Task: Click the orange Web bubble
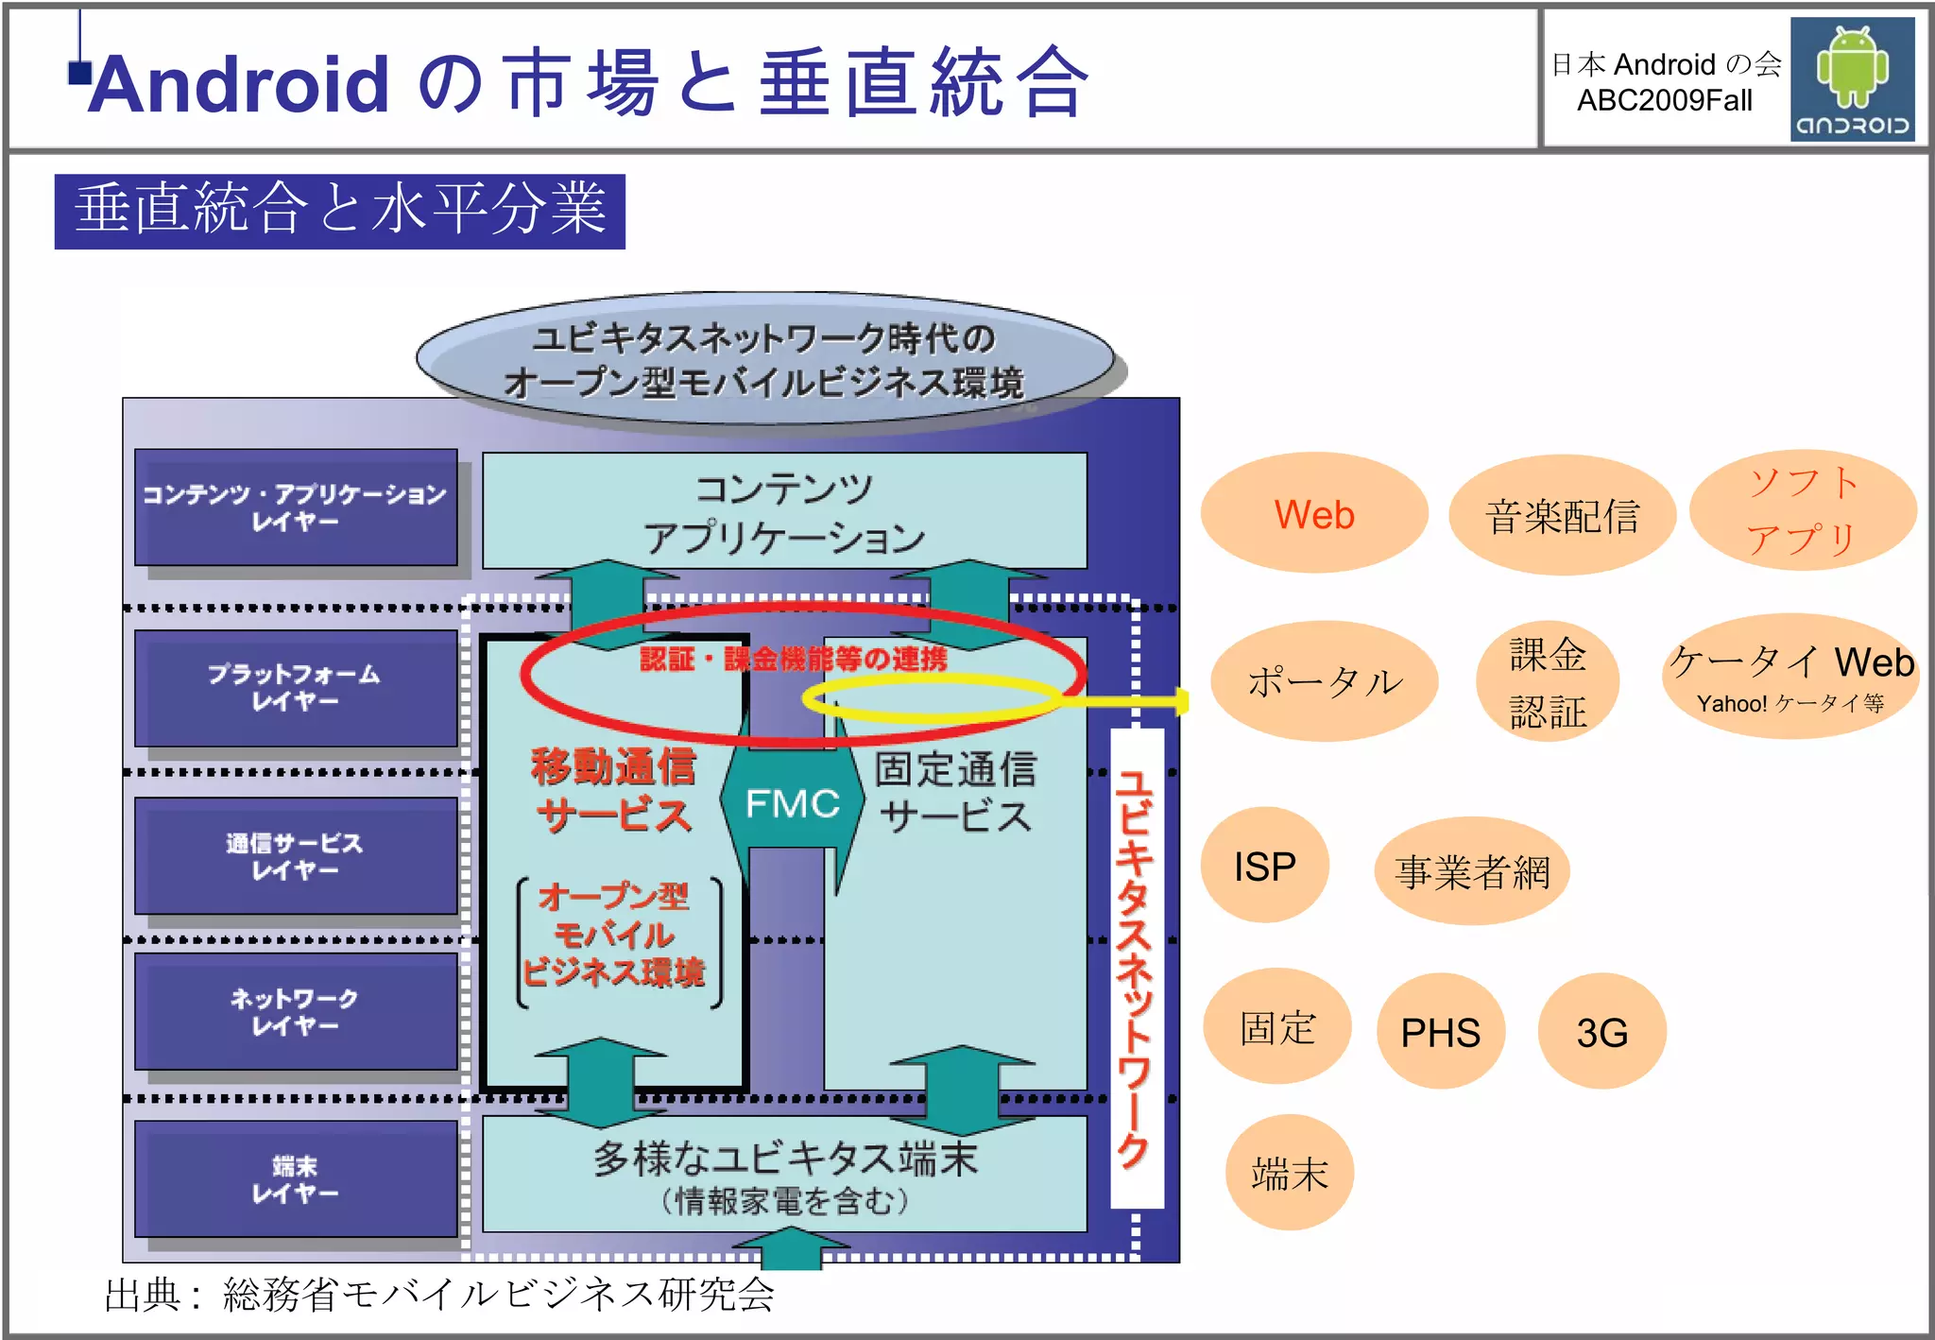tap(1313, 513)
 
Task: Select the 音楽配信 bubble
tap(1561, 515)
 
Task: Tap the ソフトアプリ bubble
tap(1802, 510)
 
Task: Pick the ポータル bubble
tap(1324, 681)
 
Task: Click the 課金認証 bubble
tap(1547, 681)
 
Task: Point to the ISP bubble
tap(1264, 866)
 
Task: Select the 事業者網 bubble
tap(1471, 870)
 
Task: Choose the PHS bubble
tap(1440, 1031)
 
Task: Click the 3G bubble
tap(1601, 1031)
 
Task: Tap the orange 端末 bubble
tap(1289, 1173)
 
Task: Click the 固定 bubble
tap(1276, 1027)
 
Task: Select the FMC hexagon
tap(792, 803)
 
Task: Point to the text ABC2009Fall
tap(1664, 100)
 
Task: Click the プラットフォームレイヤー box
tap(295, 688)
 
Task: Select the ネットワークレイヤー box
tap(295, 1011)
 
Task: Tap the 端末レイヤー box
tap(295, 1179)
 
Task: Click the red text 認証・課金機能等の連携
tap(793, 659)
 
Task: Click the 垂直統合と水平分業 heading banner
tap(339, 211)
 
